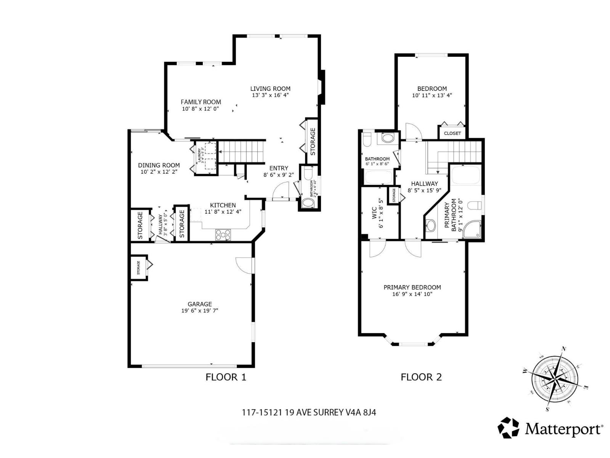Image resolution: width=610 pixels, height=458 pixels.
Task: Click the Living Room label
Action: tap(270, 89)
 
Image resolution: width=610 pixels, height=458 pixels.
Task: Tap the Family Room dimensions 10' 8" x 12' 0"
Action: tap(200, 109)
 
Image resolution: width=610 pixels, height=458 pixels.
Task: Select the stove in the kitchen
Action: tap(223, 234)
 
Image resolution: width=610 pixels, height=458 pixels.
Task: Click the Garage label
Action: tap(199, 304)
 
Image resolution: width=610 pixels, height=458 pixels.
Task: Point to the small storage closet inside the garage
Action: tap(139, 267)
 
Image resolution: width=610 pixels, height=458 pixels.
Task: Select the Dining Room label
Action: tap(159, 165)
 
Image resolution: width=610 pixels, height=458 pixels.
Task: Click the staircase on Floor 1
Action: tap(242, 152)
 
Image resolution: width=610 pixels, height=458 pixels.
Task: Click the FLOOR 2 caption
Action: tap(421, 377)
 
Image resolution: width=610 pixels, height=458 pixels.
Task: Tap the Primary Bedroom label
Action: tap(412, 287)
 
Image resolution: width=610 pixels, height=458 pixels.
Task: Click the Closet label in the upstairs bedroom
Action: tap(452, 133)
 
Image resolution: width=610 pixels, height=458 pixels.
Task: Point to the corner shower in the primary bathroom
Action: tap(473, 229)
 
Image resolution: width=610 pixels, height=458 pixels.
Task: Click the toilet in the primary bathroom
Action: tap(475, 206)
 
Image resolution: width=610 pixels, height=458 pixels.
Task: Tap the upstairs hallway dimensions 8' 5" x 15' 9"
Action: tap(424, 190)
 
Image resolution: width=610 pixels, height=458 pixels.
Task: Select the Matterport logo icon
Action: tap(509, 427)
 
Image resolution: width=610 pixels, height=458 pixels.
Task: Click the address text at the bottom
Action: tap(309, 412)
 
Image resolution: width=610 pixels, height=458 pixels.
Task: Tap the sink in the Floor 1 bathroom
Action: tap(307, 203)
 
